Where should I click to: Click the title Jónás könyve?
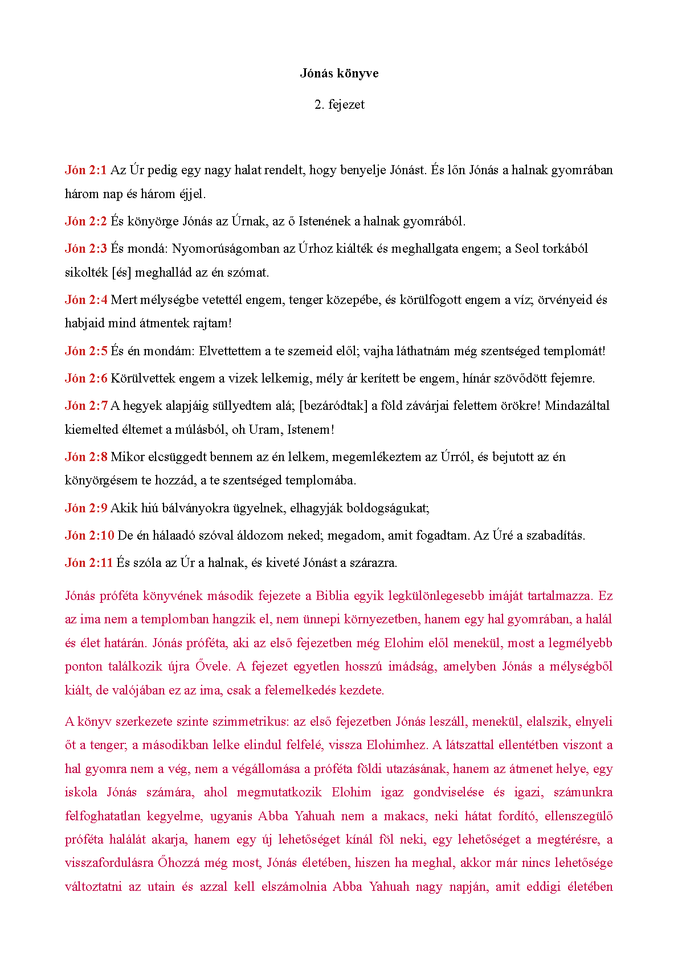tap(339, 73)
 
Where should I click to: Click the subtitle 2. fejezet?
tap(339, 105)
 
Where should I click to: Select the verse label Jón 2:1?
tap(85, 170)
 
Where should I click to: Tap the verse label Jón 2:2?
tap(85, 221)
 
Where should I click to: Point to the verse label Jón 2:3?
tap(85, 249)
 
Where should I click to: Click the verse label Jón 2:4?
tap(85, 300)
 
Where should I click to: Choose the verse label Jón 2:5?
tap(85, 351)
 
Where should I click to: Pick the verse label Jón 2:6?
tap(85, 379)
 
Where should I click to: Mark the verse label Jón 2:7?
tap(85, 406)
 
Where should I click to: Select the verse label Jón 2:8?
tap(85, 457)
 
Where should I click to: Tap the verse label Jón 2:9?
tap(85, 508)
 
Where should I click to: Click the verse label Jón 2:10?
tap(89, 536)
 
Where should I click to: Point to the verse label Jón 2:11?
tap(89, 563)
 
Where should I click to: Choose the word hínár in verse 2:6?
tap(476, 379)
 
